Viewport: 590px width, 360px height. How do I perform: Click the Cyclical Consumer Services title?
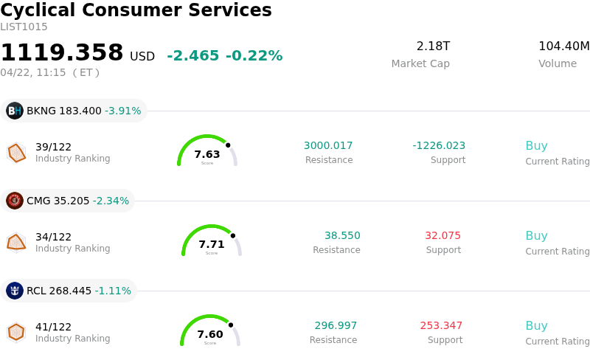click(136, 10)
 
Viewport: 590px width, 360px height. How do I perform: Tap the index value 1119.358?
click(62, 53)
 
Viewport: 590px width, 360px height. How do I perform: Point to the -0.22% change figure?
click(254, 56)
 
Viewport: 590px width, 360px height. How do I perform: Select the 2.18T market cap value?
click(433, 46)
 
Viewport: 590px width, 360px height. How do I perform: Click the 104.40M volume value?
click(563, 46)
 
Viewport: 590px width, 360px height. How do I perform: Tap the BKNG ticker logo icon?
click(15, 111)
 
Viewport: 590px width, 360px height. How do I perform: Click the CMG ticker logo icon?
click(15, 201)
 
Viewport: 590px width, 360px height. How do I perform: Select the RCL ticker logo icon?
click(15, 291)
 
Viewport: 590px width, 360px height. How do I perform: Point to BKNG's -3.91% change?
click(122, 111)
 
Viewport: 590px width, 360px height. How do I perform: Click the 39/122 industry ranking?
click(53, 147)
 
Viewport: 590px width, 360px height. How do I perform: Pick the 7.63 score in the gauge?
click(207, 154)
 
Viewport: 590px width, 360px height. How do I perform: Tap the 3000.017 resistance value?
click(328, 145)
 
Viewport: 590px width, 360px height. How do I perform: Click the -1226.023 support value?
click(439, 145)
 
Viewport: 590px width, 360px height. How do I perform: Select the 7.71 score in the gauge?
click(212, 244)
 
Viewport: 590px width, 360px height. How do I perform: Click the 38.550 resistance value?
click(342, 235)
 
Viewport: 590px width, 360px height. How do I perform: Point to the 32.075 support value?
click(442, 235)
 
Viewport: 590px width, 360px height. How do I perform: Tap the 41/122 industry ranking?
click(53, 327)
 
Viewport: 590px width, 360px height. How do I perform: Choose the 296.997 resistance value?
click(336, 325)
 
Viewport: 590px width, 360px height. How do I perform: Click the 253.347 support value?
click(441, 325)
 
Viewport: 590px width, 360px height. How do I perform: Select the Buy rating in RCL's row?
click(536, 325)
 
